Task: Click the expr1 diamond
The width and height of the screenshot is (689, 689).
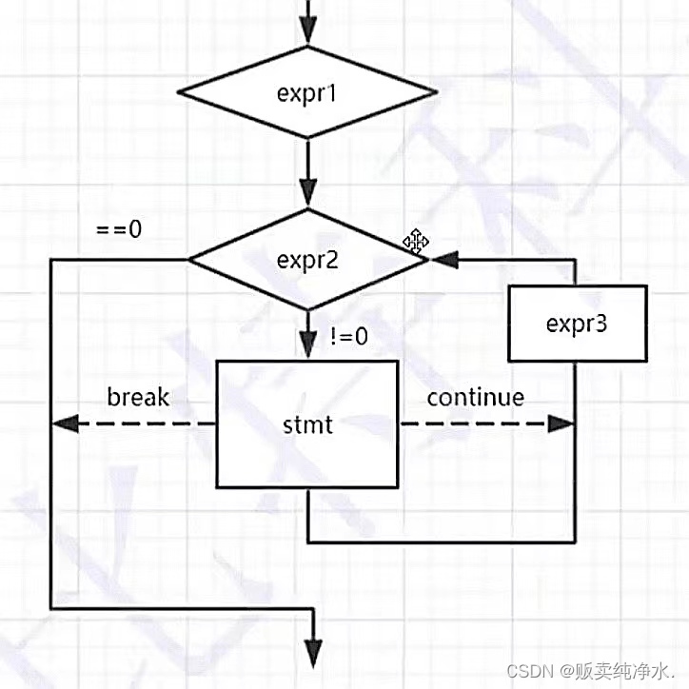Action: pos(308,93)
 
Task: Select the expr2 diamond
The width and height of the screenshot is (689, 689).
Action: pos(308,259)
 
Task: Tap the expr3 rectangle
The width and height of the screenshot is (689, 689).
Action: pos(577,324)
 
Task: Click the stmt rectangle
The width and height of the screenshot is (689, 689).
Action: pos(308,423)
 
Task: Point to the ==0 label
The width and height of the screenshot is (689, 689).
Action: pos(119,229)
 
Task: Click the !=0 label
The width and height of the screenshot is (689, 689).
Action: pos(349,336)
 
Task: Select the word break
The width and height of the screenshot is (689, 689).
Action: pos(138,396)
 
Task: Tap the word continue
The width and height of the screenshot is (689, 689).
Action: pos(475,396)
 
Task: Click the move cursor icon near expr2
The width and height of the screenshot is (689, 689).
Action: pos(415,241)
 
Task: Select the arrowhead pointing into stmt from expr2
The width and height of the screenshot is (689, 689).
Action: pos(308,345)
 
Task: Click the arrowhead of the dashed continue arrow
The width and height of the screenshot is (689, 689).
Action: pos(563,424)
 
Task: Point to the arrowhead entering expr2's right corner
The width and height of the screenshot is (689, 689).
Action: pos(443,259)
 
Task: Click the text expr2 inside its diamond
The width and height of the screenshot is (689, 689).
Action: pos(307,259)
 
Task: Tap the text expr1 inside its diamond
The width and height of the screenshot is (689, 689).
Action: pos(307,93)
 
